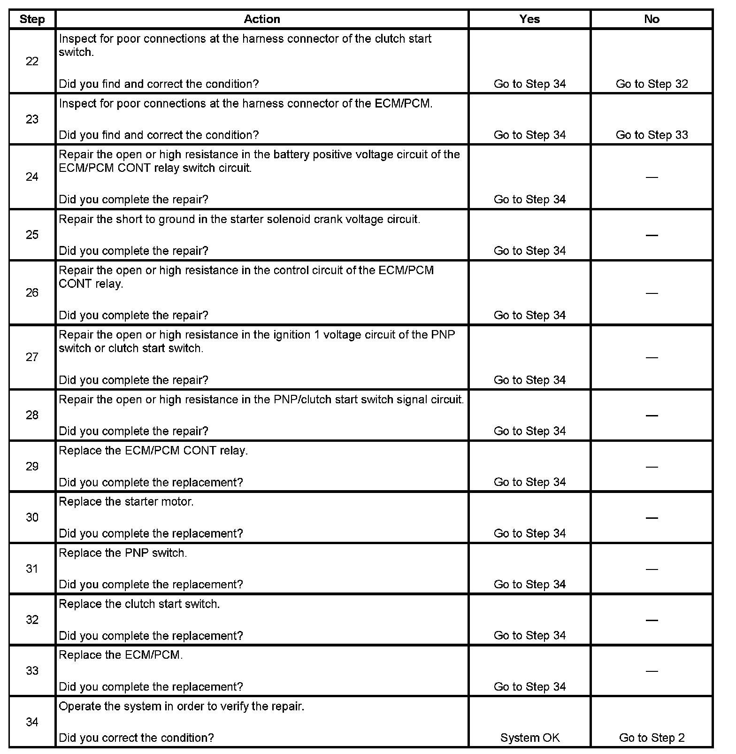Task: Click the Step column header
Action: [32, 19]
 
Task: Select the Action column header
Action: [262, 19]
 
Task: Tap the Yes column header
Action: [529, 19]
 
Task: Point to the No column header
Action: [652, 19]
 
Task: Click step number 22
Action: [32, 62]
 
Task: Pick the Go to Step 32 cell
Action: [652, 84]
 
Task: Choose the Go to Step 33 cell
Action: [652, 135]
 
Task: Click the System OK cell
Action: [529, 738]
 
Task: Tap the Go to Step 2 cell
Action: [652, 738]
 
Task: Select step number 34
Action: [32, 722]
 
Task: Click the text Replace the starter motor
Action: [126, 502]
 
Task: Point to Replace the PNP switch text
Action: [123, 553]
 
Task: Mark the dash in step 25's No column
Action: [652, 235]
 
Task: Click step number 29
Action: [32, 466]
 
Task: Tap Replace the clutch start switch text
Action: [139, 604]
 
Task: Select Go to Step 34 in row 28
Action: [529, 431]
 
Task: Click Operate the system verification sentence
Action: [182, 707]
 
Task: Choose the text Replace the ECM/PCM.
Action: [121, 655]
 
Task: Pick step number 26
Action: [32, 293]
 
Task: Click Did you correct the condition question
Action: [136, 738]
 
